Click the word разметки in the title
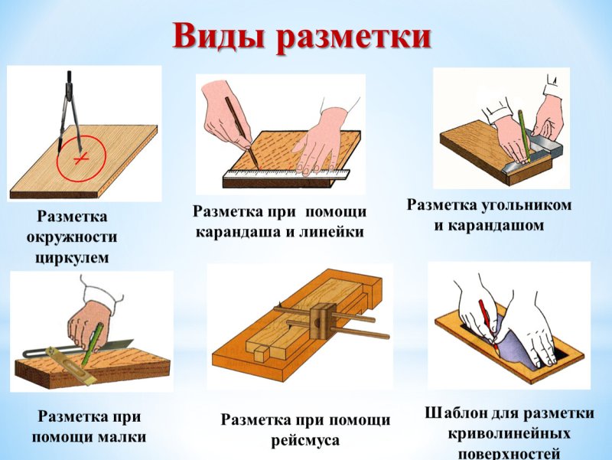pyautogui.click(x=354, y=36)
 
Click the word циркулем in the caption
pyautogui.click(x=72, y=258)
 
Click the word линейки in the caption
pyautogui.click(x=328, y=232)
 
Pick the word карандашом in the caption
pyautogui.click(x=489, y=226)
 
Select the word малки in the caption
pyautogui.click(x=120, y=438)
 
